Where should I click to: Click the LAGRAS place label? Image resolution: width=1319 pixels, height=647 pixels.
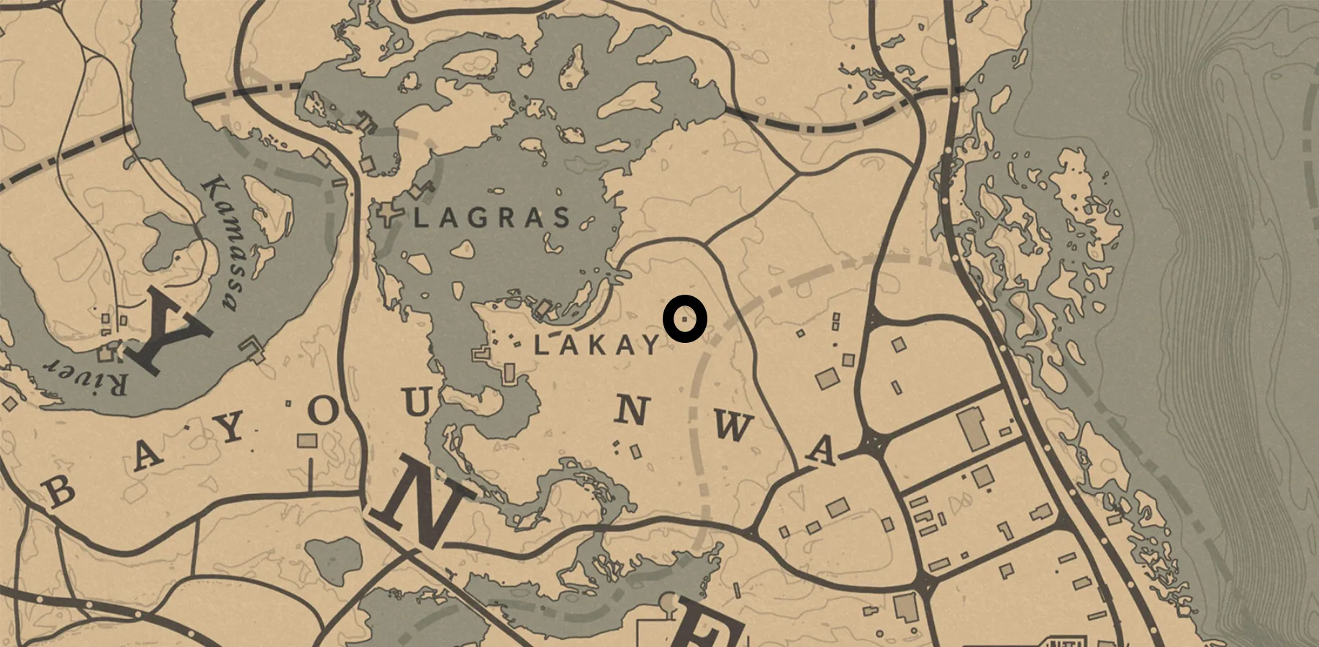click(493, 217)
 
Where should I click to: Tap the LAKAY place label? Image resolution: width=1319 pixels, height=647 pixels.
click(597, 346)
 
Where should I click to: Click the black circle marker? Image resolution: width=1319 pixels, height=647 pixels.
click(685, 318)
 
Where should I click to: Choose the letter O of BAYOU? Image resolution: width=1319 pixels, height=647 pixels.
click(324, 412)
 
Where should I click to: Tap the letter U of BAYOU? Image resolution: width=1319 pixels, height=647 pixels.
click(417, 402)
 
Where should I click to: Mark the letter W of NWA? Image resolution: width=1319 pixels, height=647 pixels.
click(733, 428)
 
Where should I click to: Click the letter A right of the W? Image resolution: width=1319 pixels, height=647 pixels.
click(821, 451)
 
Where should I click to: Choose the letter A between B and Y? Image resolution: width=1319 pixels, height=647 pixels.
click(148, 454)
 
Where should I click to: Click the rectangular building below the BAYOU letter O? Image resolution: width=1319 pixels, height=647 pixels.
click(307, 440)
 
